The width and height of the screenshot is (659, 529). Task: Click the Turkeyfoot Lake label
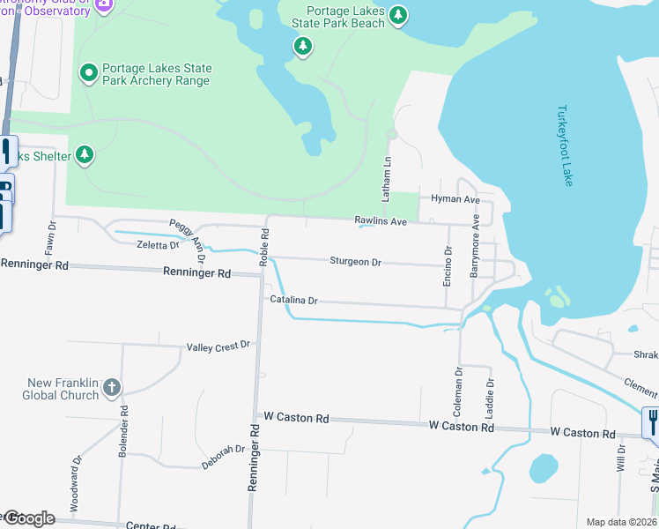point(565,145)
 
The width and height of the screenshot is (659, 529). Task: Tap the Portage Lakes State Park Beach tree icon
point(399,15)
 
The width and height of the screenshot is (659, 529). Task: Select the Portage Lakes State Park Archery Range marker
point(88,72)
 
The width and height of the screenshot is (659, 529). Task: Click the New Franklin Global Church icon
point(112,386)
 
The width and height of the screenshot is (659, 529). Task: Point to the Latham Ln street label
point(386,176)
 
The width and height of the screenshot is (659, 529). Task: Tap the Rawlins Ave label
point(381,221)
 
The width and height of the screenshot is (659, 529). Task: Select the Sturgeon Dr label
point(355,262)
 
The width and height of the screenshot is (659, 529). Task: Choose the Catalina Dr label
point(293,301)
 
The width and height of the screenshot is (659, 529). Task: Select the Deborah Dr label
point(222,451)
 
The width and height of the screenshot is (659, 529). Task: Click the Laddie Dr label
point(491,396)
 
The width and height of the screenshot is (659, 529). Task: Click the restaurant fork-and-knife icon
point(651,422)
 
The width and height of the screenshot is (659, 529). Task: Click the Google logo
point(29,518)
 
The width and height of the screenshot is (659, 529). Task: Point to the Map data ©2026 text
point(620,522)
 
